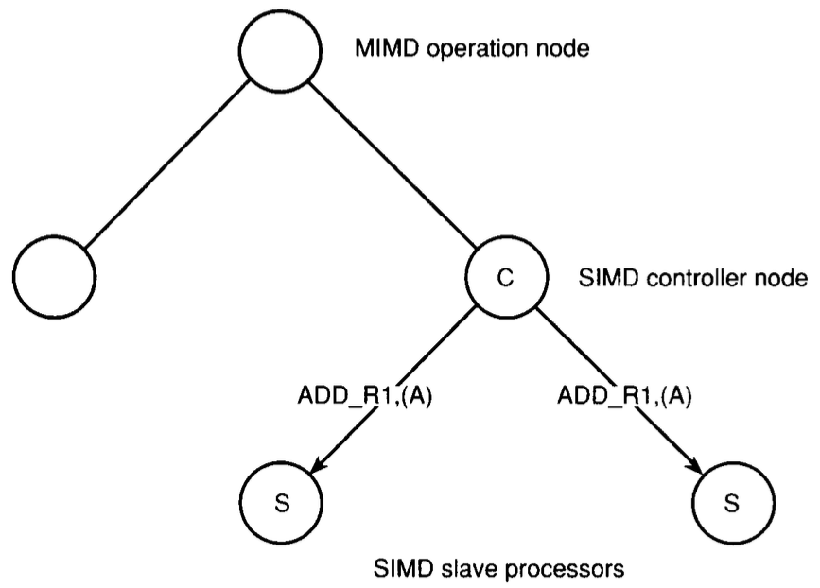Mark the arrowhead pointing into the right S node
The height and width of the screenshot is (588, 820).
click(697, 466)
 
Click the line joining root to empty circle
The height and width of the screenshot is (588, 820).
click(166, 166)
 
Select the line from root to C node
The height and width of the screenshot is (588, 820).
click(397, 170)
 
